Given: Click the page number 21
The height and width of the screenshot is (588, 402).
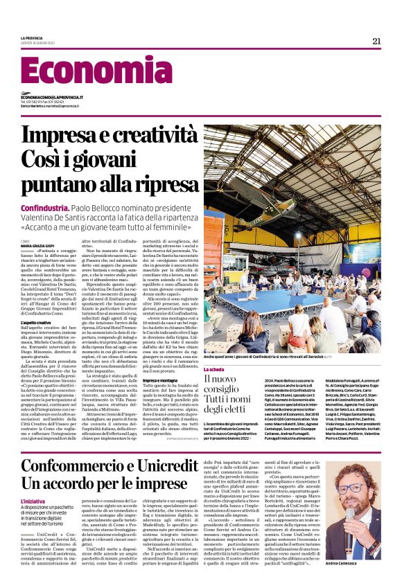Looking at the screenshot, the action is (x=376, y=40).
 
